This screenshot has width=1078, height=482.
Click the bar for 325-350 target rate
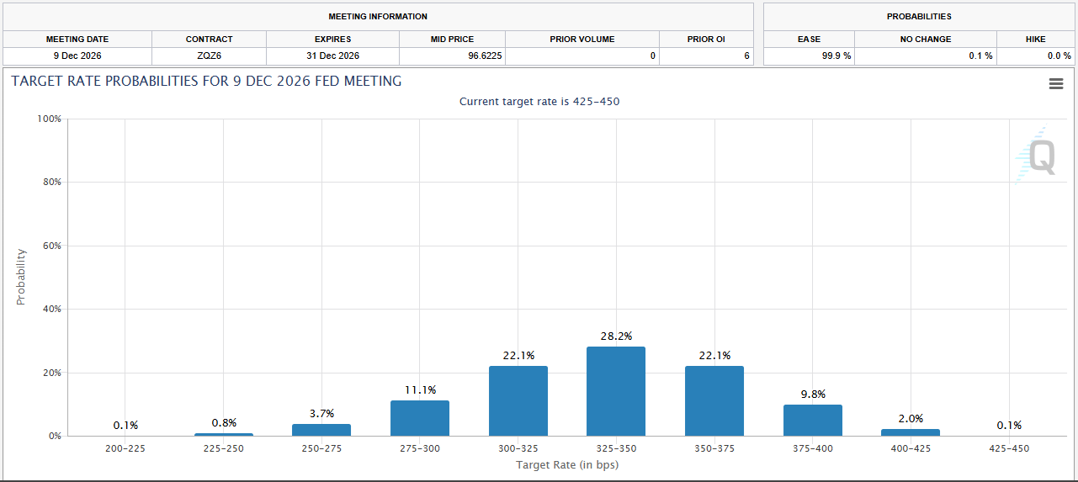pyautogui.click(x=616, y=391)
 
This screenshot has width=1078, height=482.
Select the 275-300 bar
pyautogui.click(x=420, y=418)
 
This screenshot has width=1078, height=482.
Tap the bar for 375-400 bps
pyautogui.click(x=812, y=420)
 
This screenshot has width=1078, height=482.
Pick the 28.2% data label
pyautogui.click(x=616, y=336)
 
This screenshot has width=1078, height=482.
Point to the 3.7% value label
pyautogui.click(x=321, y=413)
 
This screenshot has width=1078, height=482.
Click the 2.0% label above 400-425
pyautogui.click(x=911, y=418)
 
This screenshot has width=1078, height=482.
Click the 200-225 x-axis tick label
pyautogui.click(x=125, y=448)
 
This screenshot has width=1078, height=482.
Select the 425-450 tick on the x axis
pyautogui.click(x=1009, y=448)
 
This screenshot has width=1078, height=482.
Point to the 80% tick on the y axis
pyautogui.click(x=50, y=183)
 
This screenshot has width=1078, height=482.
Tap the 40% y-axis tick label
pyautogui.click(x=50, y=310)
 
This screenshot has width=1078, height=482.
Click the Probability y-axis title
pyautogui.click(x=21, y=277)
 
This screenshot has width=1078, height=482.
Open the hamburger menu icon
pyautogui.click(x=1056, y=84)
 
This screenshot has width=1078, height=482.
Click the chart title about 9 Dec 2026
pyautogui.click(x=206, y=82)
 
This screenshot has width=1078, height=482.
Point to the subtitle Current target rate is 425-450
pyautogui.click(x=539, y=102)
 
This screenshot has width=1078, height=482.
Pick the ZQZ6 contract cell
pyautogui.click(x=209, y=56)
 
